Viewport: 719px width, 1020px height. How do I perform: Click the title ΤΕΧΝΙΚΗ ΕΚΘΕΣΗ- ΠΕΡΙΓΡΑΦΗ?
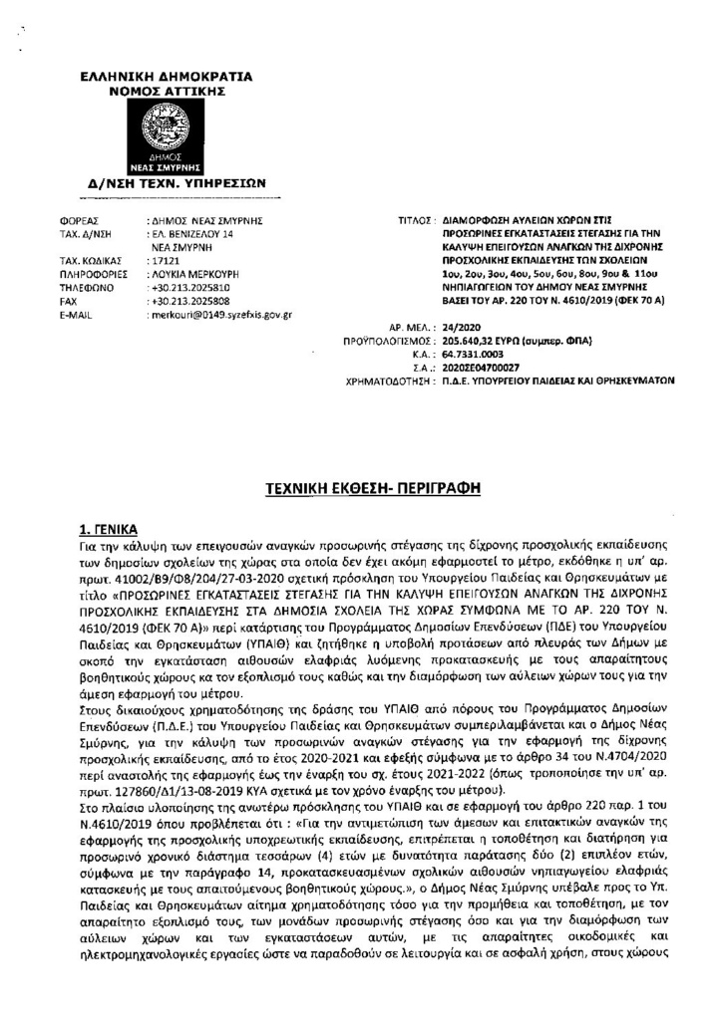click(x=359, y=489)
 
